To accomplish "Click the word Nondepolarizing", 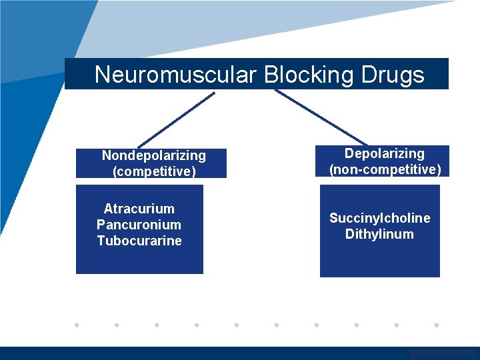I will click(153, 155).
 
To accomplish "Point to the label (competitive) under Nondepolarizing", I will click(154, 171).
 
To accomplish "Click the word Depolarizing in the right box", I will click(384, 153).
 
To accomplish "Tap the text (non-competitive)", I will click(385, 169).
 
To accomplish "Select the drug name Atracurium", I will click(139, 209).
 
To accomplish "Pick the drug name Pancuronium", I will click(139, 225).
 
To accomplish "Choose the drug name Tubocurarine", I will click(139, 241).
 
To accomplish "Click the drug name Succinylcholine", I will click(379, 218).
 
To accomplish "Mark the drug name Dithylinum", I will click(379, 234).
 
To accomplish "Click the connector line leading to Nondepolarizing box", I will click(177, 119).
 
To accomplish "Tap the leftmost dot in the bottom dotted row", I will click(77, 325).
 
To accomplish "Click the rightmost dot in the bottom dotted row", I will click(436, 325).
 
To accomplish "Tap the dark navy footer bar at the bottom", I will click(200, 353).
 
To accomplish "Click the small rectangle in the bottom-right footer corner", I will click(444, 354).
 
